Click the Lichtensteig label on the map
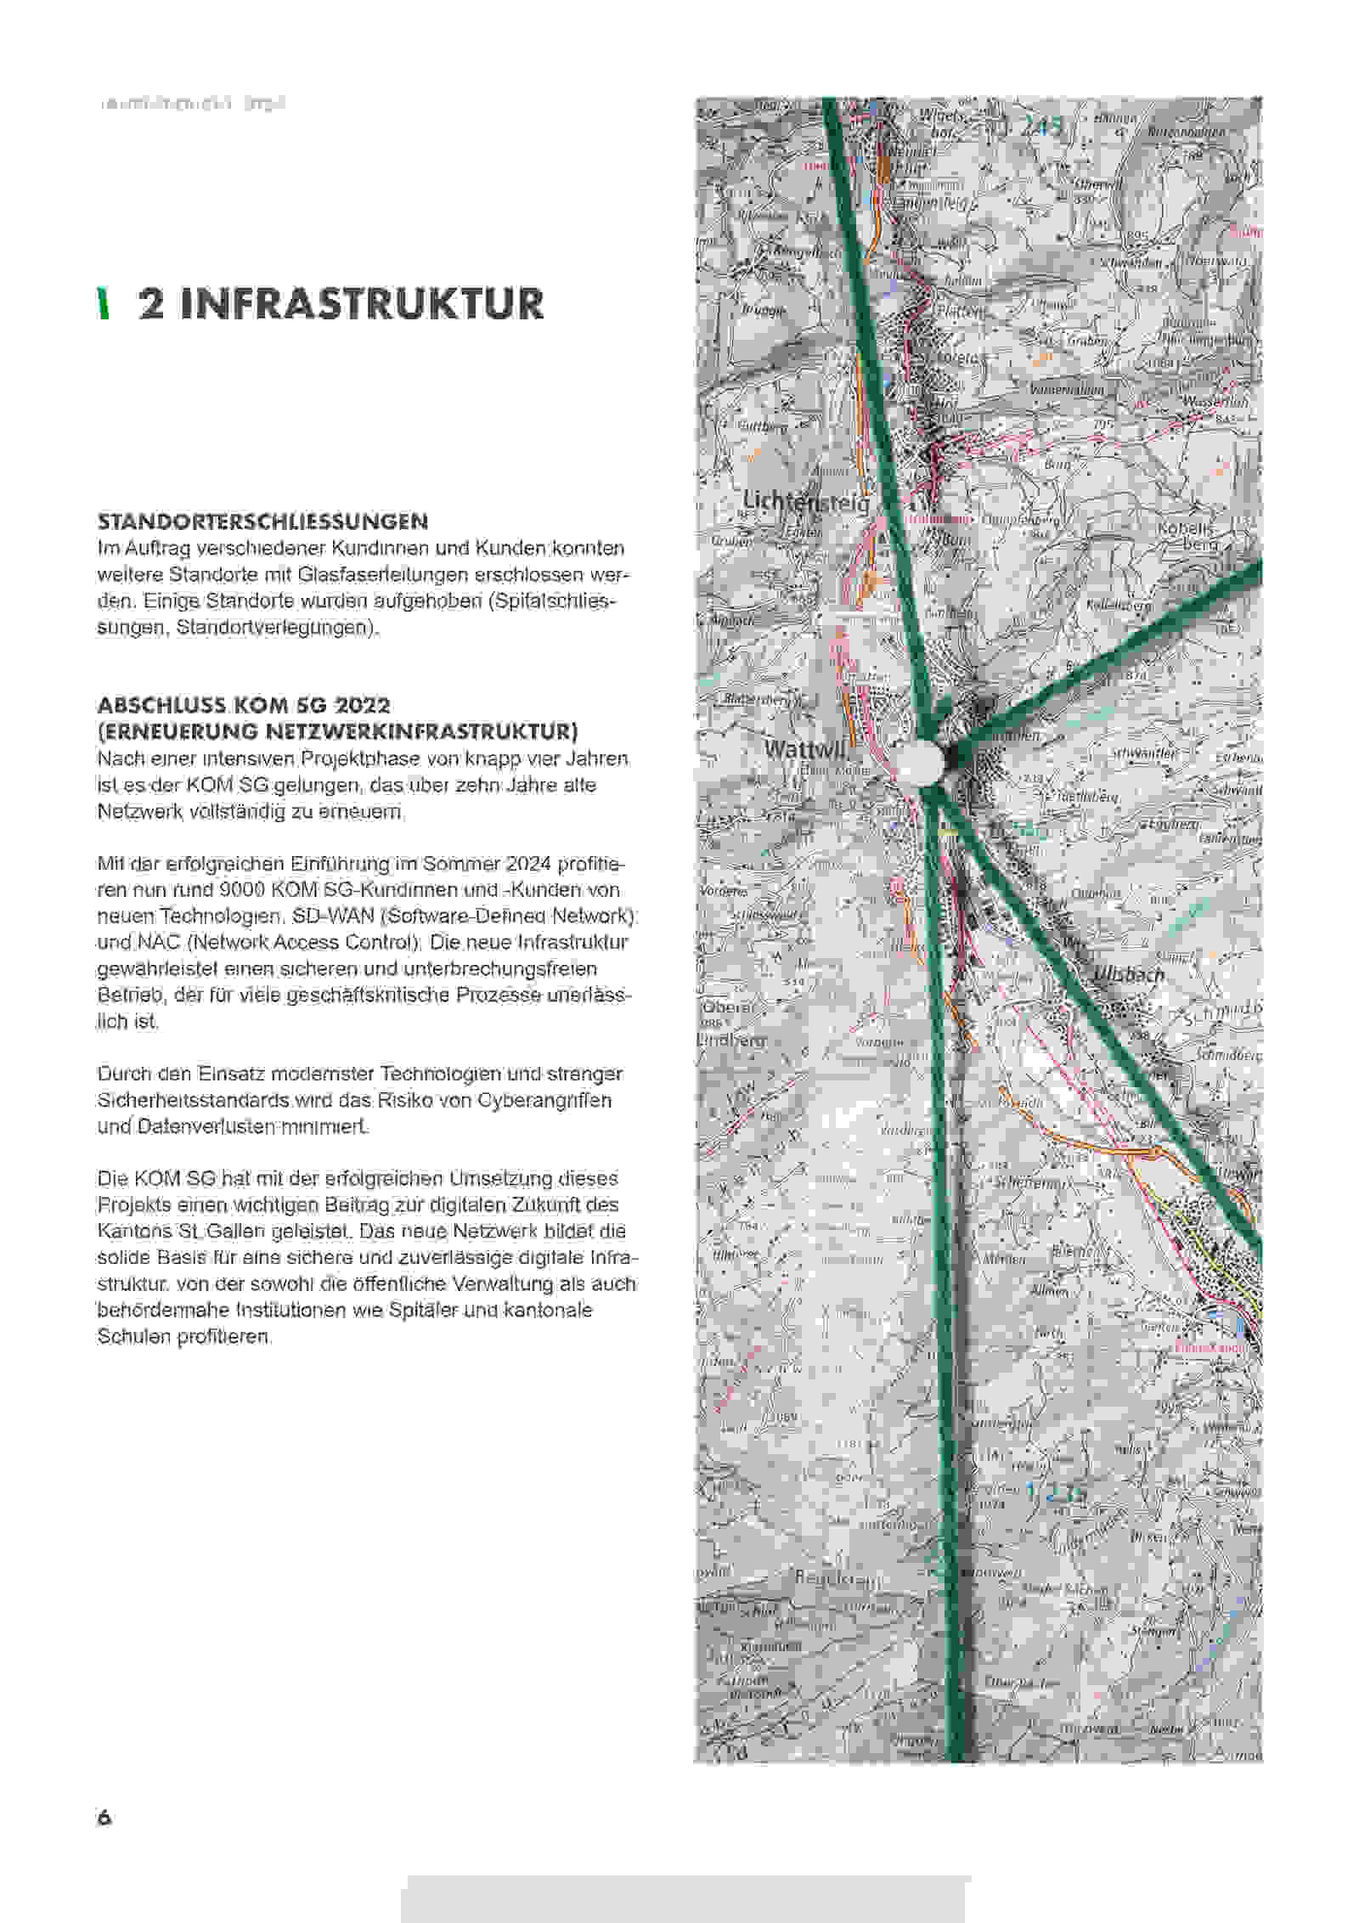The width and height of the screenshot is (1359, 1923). tap(806, 502)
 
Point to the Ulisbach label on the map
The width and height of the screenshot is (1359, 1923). tap(1128, 974)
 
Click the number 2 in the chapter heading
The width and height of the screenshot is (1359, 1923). tap(152, 304)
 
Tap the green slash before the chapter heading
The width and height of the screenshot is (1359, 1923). tap(104, 304)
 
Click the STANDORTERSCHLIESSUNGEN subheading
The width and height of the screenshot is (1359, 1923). tap(262, 521)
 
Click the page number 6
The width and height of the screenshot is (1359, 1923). tap(104, 1818)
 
